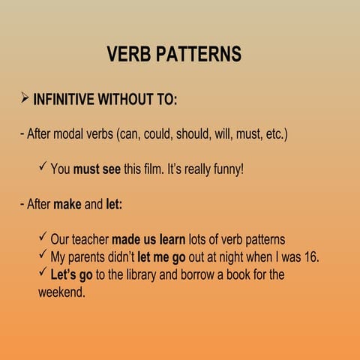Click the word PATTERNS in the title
click(x=200, y=54)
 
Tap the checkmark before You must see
click(x=43, y=168)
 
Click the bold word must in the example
click(x=87, y=169)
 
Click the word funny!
click(x=227, y=169)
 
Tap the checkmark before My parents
click(x=43, y=256)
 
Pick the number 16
click(x=312, y=257)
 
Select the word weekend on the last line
click(x=61, y=292)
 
